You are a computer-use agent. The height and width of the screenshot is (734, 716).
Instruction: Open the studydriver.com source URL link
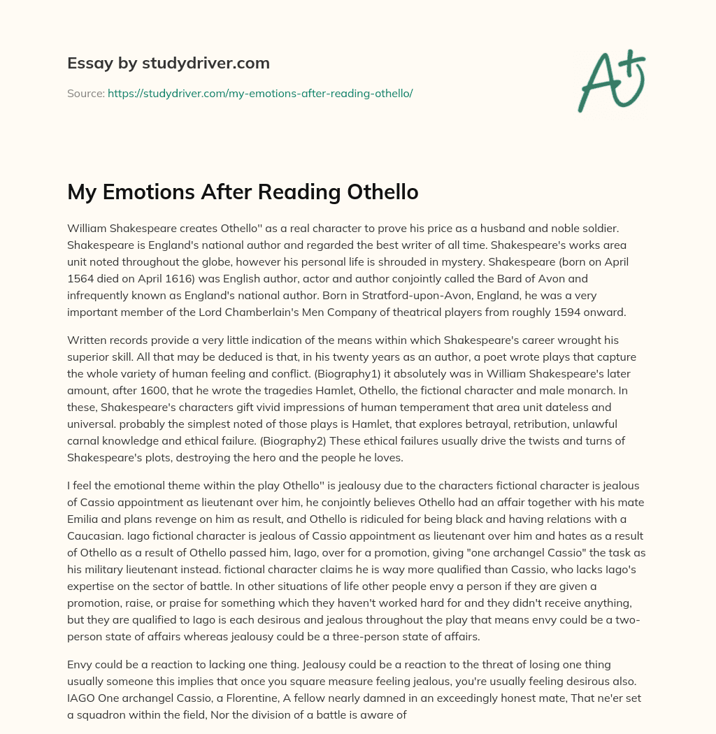[x=260, y=93]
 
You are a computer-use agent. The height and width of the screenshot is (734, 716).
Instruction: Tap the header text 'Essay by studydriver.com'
[x=169, y=63]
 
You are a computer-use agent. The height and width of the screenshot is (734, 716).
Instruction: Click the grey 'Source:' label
[x=85, y=93]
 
